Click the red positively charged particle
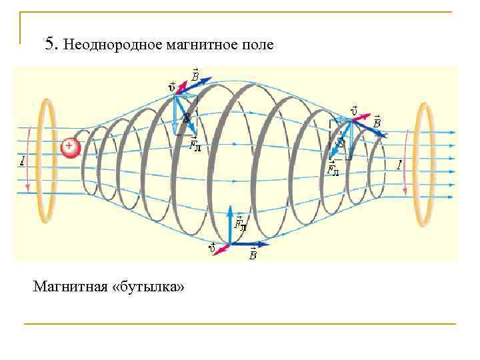(70, 148)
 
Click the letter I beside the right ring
(399, 163)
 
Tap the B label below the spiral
(253, 254)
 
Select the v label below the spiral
(212, 249)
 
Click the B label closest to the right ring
(377, 122)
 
